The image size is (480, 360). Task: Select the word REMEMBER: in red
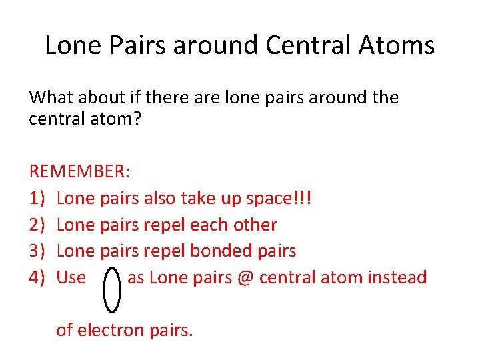(x=80, y=172)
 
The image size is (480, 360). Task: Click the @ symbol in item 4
(x=243, y=277)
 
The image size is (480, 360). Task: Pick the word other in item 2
(x=253, y=225)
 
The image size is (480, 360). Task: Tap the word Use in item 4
(x=71, y=277)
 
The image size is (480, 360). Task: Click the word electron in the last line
(x=110, y=329)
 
